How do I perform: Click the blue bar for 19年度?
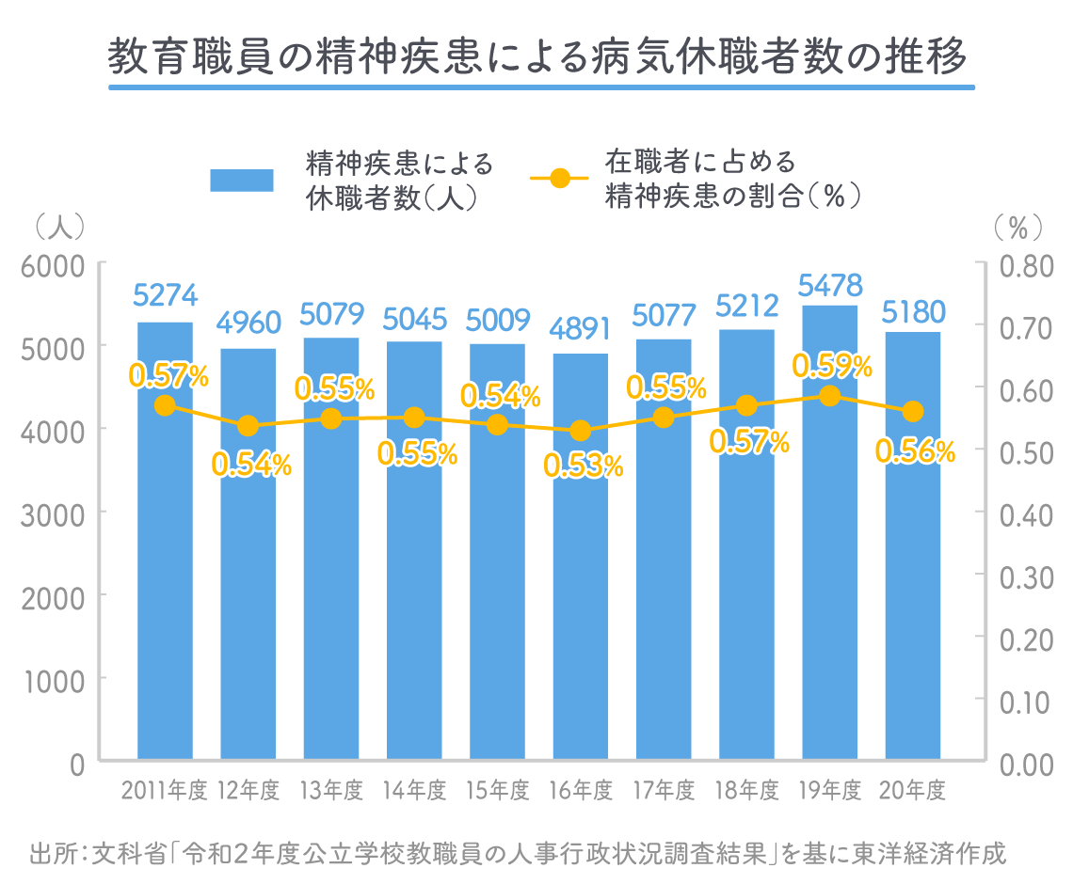point(830,532)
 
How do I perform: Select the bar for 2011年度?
point(165,540)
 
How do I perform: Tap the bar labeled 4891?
point(581,557)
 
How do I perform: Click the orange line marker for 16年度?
point(581,431)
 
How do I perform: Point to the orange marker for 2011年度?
point(165,405)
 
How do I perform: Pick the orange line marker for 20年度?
point(913,412)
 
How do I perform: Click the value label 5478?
point(830,285)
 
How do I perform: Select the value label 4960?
point(248,323)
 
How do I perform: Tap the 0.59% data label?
point(832,367)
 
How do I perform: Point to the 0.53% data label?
point(583,466)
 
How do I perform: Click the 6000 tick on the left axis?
point(54,266)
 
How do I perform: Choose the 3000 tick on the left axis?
point(54,515)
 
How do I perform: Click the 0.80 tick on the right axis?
point(1027,266)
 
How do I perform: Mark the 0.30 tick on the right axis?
point(1027,577)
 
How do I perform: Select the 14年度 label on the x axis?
point(415,790)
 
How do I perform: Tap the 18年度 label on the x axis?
point(747,790)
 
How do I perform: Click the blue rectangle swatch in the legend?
point(242,181)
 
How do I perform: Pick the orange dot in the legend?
point(560,179)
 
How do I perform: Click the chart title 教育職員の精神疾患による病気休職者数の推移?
point(537,56)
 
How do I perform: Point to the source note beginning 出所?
point(518,854)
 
